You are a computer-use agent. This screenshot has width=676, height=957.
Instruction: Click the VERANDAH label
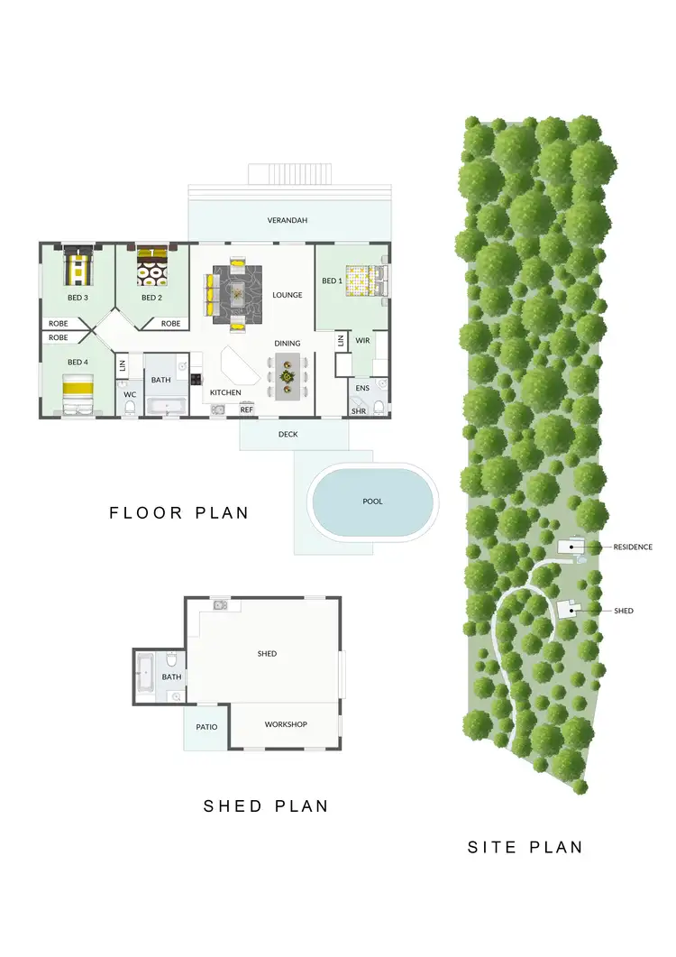tap(288, 221)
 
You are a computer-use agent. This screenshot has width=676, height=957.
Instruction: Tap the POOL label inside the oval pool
tap(373, 502)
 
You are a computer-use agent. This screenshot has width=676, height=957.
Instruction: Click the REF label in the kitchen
tap(246, 409)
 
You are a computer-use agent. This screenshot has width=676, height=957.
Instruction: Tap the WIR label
tap(363, 341)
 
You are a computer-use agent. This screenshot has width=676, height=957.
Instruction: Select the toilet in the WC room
tap(130, 408)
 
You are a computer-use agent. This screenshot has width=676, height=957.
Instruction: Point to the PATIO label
tap(206, 726)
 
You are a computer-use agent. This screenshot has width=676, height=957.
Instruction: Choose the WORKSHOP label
tap(286, 724)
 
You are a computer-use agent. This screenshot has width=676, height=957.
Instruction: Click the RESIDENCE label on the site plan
tap(633, 547)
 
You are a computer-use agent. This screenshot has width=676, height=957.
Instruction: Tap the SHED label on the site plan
tap(624, 611)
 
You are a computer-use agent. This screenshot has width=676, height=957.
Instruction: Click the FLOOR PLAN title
tap(178, 513)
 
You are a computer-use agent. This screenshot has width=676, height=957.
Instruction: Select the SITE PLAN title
tap(525, 847)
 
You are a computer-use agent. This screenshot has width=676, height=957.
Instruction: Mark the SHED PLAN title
tap(265, 805)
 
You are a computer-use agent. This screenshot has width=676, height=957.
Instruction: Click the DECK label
tap(288, 435)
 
